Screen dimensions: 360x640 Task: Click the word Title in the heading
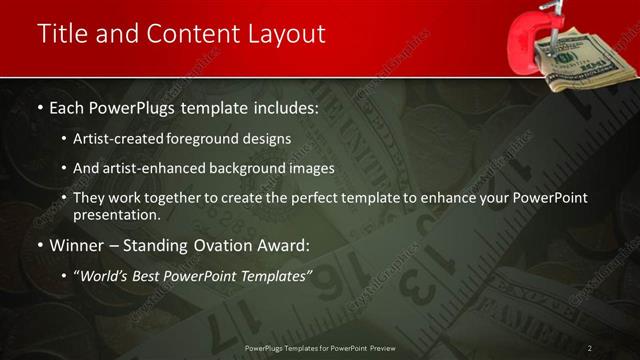click(62, 33)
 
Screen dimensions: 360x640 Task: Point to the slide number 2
click(590, 347)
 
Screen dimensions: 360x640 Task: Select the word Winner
click(76, 245)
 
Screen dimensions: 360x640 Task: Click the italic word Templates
click(275, 275)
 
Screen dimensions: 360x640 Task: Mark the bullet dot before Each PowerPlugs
click(39, 107)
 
